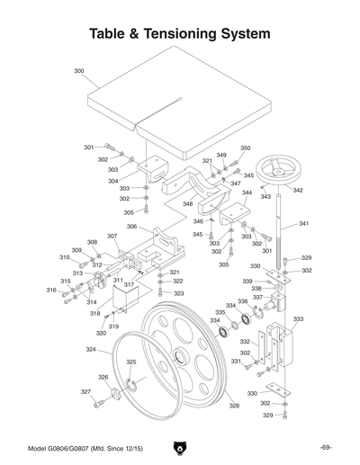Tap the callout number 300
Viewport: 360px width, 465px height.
(78, 70)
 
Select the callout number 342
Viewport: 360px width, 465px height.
(298, 191)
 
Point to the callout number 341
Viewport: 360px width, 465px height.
(303, 223)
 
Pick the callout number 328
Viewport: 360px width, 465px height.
(233, 407)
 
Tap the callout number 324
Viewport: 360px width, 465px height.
(91, 349)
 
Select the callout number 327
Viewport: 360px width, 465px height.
(85, 392)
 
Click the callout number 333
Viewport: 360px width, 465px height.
(298, 319)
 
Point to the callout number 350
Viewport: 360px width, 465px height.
(245, 148)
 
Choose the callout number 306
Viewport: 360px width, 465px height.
(131, 227)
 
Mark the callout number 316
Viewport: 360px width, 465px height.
(51, 290)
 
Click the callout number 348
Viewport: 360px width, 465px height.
(188, 204)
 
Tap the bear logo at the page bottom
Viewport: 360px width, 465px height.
(178, 448)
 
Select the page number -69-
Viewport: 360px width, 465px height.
(326, 448)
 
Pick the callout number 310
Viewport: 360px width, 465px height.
(65, 257)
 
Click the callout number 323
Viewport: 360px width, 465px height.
(178, 293)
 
